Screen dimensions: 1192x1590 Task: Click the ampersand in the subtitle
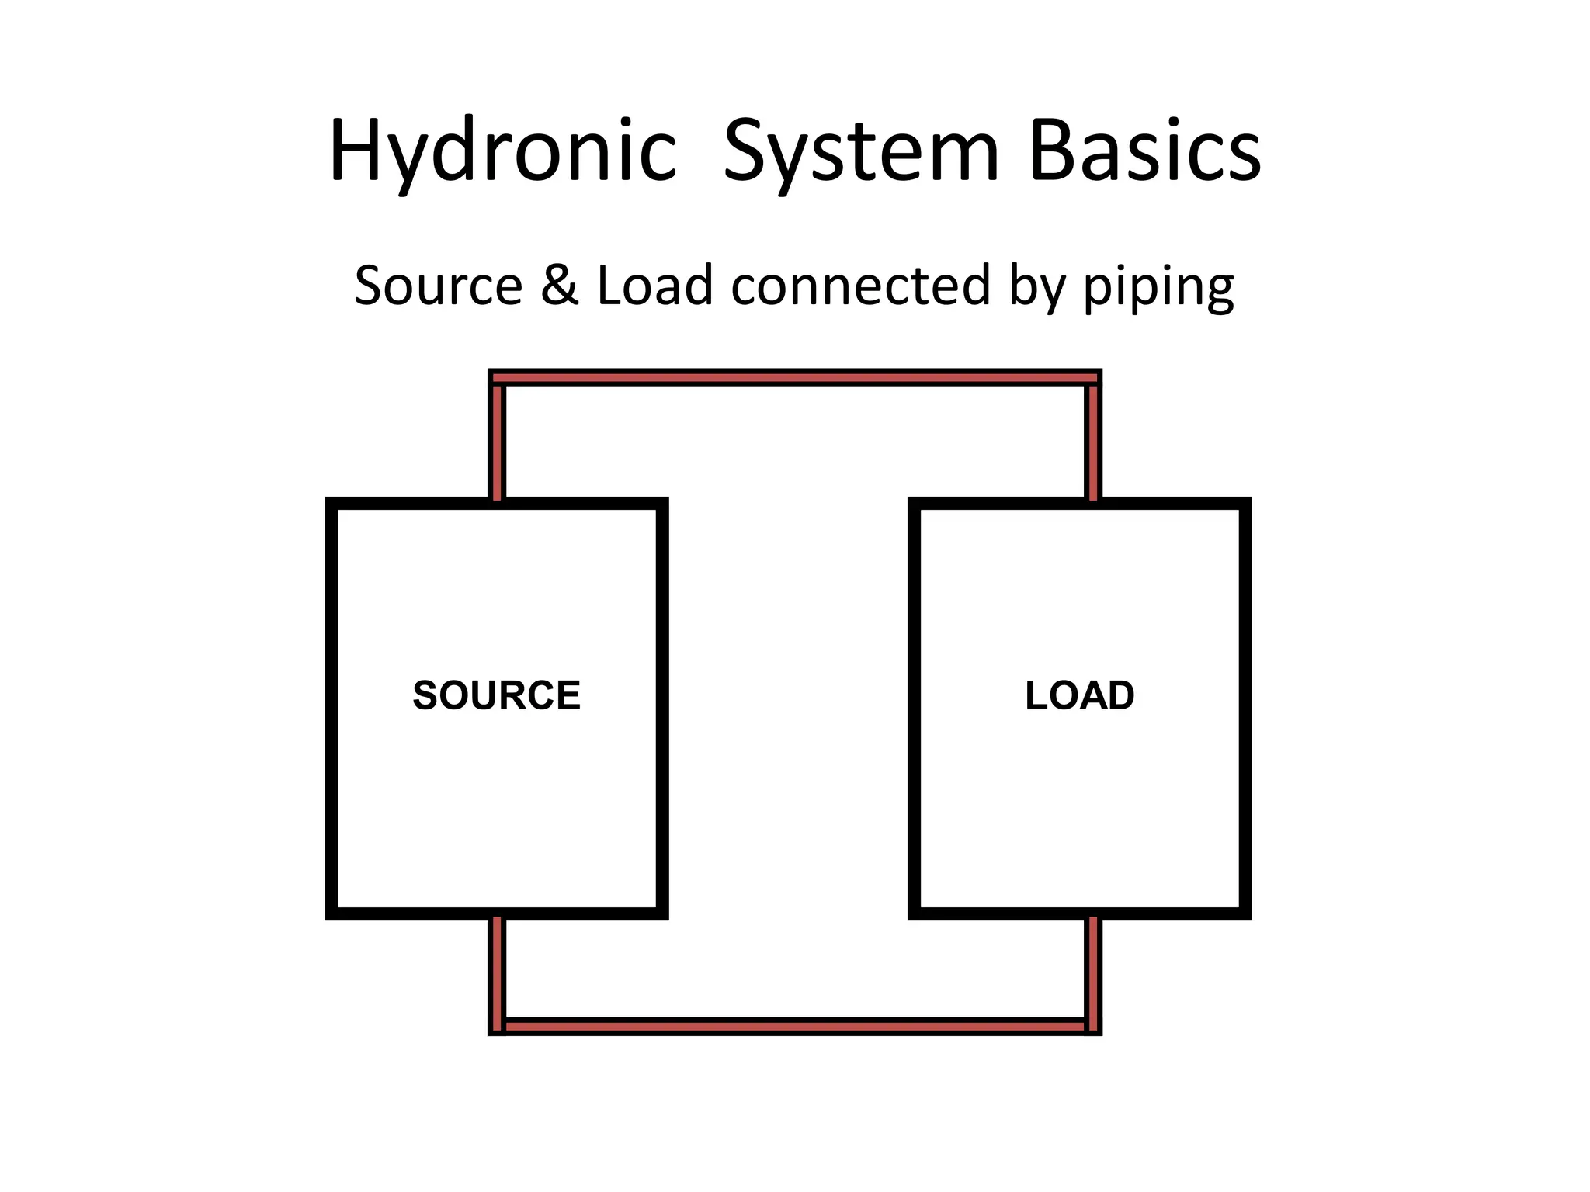559,285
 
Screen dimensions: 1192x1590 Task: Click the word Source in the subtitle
439,285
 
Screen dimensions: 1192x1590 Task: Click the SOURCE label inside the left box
497,695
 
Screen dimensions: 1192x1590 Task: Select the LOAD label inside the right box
1079,695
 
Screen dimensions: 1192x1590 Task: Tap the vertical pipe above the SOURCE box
498,442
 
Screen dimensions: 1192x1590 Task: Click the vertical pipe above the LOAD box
1093,442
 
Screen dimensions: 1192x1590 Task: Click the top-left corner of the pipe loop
498,378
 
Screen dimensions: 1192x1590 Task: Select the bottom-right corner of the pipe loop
1093,1027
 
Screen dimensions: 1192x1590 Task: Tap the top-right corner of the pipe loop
1093,378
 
